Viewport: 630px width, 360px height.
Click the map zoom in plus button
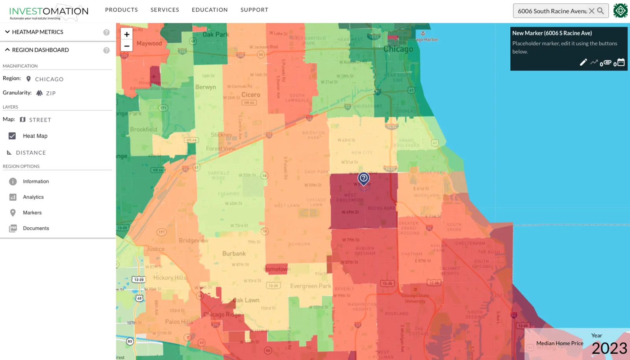click(x=127, y=34)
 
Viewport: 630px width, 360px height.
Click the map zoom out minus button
click(x=127, y=46)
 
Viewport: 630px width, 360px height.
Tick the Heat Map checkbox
click(x=12, y=136)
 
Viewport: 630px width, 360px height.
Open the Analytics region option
click(x=33, y=197)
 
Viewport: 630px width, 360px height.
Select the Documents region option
click(x=36, y=228)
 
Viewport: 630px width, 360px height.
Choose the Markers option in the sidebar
click(x=32, y=212)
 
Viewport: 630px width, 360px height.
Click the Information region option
click(x=35, y=181)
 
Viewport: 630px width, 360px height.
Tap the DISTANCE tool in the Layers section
click(x=31, y=153)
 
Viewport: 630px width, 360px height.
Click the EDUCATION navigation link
click(x=209, y=10)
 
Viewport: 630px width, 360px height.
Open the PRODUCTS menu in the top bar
click(x=121, y=10)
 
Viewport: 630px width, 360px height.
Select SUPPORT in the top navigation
click(x=254, y=10)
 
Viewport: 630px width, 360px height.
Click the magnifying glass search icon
click(x=600, y=11)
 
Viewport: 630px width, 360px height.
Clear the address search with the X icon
click(x=591, y=11)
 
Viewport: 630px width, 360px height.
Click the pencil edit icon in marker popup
click(x=583, y=62)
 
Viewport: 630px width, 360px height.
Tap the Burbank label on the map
click(x=234, y=254)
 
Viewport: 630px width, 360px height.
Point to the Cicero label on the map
click(x=251, y=95)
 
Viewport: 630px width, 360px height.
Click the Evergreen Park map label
click(x=311, y=286)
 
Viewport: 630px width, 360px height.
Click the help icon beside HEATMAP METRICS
click(x=106, y=32)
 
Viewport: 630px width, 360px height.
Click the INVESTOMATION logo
click(x=49, y=12)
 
